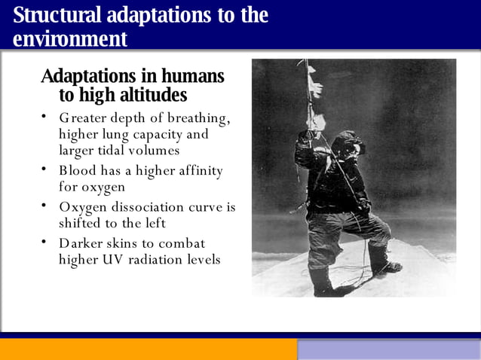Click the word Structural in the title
pos(60,15)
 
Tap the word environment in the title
pos(70,38)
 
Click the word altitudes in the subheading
pos(152,96)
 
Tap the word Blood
pos(78,171)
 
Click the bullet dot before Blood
pos(44,169)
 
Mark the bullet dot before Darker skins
pos(44,242)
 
